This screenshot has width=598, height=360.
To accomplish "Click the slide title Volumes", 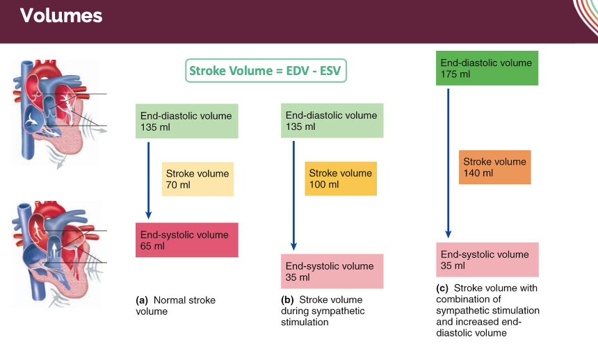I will tap(61, 16).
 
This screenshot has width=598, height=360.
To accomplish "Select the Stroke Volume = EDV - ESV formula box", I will tap(267, 71).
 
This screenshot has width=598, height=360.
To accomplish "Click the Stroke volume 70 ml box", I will tap(197, 179).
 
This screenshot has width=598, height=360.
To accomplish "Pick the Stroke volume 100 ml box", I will tap(341, 179).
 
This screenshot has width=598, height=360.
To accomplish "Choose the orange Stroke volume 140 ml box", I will tap(495, 167).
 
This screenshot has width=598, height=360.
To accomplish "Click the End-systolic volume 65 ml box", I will tap(186, 240).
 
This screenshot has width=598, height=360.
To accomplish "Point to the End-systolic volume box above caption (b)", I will tap(332, 271).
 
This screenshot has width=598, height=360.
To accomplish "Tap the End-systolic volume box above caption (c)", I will tap(487, 260).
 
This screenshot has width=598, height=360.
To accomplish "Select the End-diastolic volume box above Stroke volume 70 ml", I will tap(186, 122).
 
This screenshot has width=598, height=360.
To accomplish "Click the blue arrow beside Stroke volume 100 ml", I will tap(293, 195).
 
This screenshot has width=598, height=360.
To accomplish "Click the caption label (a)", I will tap(142, 301).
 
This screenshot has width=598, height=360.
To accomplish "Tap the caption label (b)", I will tap(287, 300).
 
